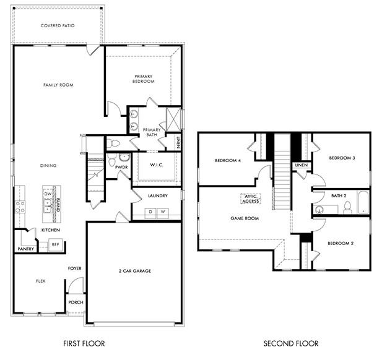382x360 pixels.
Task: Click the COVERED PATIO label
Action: [x=58, y=25]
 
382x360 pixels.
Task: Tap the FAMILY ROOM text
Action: [x=58, y=85]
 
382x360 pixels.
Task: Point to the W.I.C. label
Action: [x=156, y=165]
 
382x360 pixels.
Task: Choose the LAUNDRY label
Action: [x=157, y=195]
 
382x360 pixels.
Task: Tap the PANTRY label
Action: [x=25, y=249]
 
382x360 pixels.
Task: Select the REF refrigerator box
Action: [x=55, y=245]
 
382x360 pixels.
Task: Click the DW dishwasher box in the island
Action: [x=48, y=194]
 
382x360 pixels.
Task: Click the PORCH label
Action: [x=76, y=302]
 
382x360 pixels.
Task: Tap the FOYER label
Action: [x=75, y=268]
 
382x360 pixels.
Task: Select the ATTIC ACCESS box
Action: [x=250, y=199]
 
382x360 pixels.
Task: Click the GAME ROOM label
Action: [x=245, y=218]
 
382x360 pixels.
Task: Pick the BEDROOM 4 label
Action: [x=227, y=161]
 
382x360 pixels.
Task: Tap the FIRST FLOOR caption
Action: [x=84, y=343]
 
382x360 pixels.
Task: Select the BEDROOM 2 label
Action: [x=341, y=243]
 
